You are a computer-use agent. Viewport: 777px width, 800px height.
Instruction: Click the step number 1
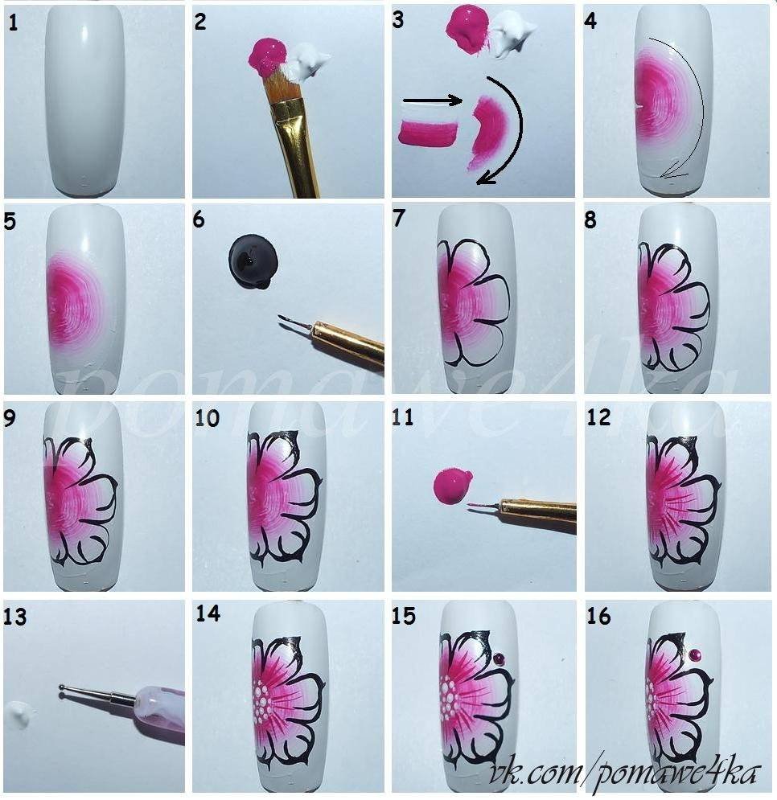tap(13, 23)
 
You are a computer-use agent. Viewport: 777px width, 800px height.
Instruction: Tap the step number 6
tap(199, 219)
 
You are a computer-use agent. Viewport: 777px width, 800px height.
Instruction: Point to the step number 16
tap(598, 616)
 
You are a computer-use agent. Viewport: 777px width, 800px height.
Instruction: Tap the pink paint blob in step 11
tap(452, 485)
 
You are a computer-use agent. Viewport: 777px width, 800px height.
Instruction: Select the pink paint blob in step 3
tap(467, 29)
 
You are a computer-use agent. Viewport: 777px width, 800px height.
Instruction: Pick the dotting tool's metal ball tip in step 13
tap(63, 688)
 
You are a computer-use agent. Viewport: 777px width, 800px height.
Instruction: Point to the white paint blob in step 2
tap(306, 61)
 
